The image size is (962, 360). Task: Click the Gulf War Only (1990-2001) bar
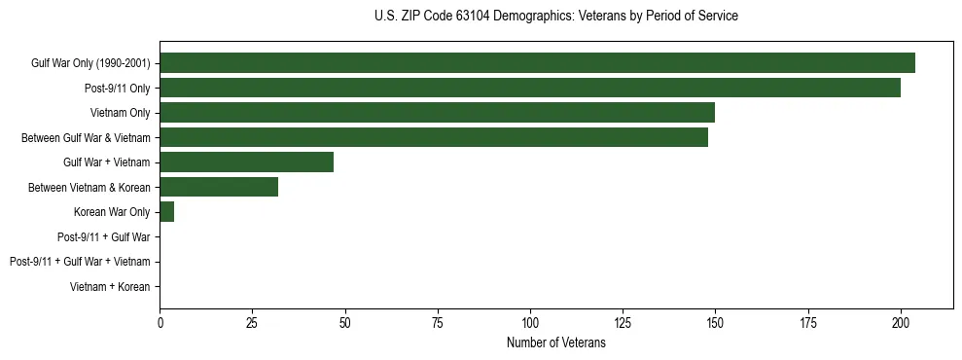537,63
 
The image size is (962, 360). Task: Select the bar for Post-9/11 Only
530,88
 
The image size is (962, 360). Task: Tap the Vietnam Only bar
437,113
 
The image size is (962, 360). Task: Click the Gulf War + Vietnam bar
247,162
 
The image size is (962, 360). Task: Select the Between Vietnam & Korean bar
219,187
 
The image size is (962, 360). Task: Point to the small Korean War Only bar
166,212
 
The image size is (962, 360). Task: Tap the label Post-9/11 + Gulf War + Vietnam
80,262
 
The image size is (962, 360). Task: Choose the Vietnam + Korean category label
110,287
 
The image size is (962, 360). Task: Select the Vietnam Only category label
120,113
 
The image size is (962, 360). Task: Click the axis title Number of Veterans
555,342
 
